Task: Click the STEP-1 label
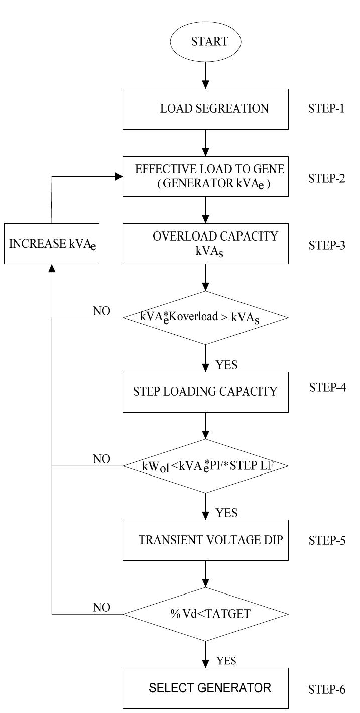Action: click(326, 108)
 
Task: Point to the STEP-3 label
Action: click(327, 245)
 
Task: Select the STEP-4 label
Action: click(327, 387)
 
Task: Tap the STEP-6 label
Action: click(326, 689)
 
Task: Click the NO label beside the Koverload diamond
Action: click(101, 311)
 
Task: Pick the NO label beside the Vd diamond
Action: click(101, 608)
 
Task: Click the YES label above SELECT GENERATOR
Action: click(226, 661)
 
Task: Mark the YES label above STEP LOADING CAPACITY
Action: click(226, 365)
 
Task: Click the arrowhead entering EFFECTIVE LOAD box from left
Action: click(119, 176)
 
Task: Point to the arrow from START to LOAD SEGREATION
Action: click(206, 75)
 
